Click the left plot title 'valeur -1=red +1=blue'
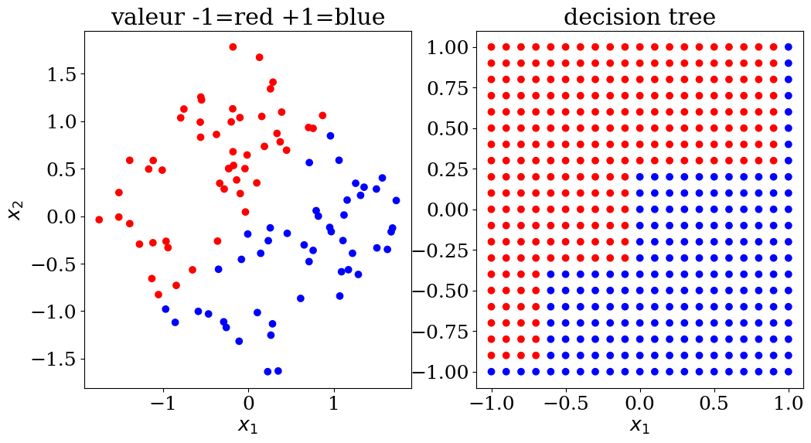pos(247,16)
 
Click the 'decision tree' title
pos(639,16)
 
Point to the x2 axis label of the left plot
pos(15,208)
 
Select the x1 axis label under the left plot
pos(247,425)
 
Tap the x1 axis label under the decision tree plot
pos(639,425)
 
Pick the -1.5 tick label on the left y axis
pos(54,360)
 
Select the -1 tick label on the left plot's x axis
pos(163,404)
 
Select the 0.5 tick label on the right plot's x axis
pos(714,404)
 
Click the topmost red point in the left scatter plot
pos(233,47)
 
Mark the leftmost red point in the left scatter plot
pos(99,220)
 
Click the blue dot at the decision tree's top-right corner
pos(789,47)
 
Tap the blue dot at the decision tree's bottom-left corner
pos(491,372)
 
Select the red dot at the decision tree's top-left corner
pos(491,47)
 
